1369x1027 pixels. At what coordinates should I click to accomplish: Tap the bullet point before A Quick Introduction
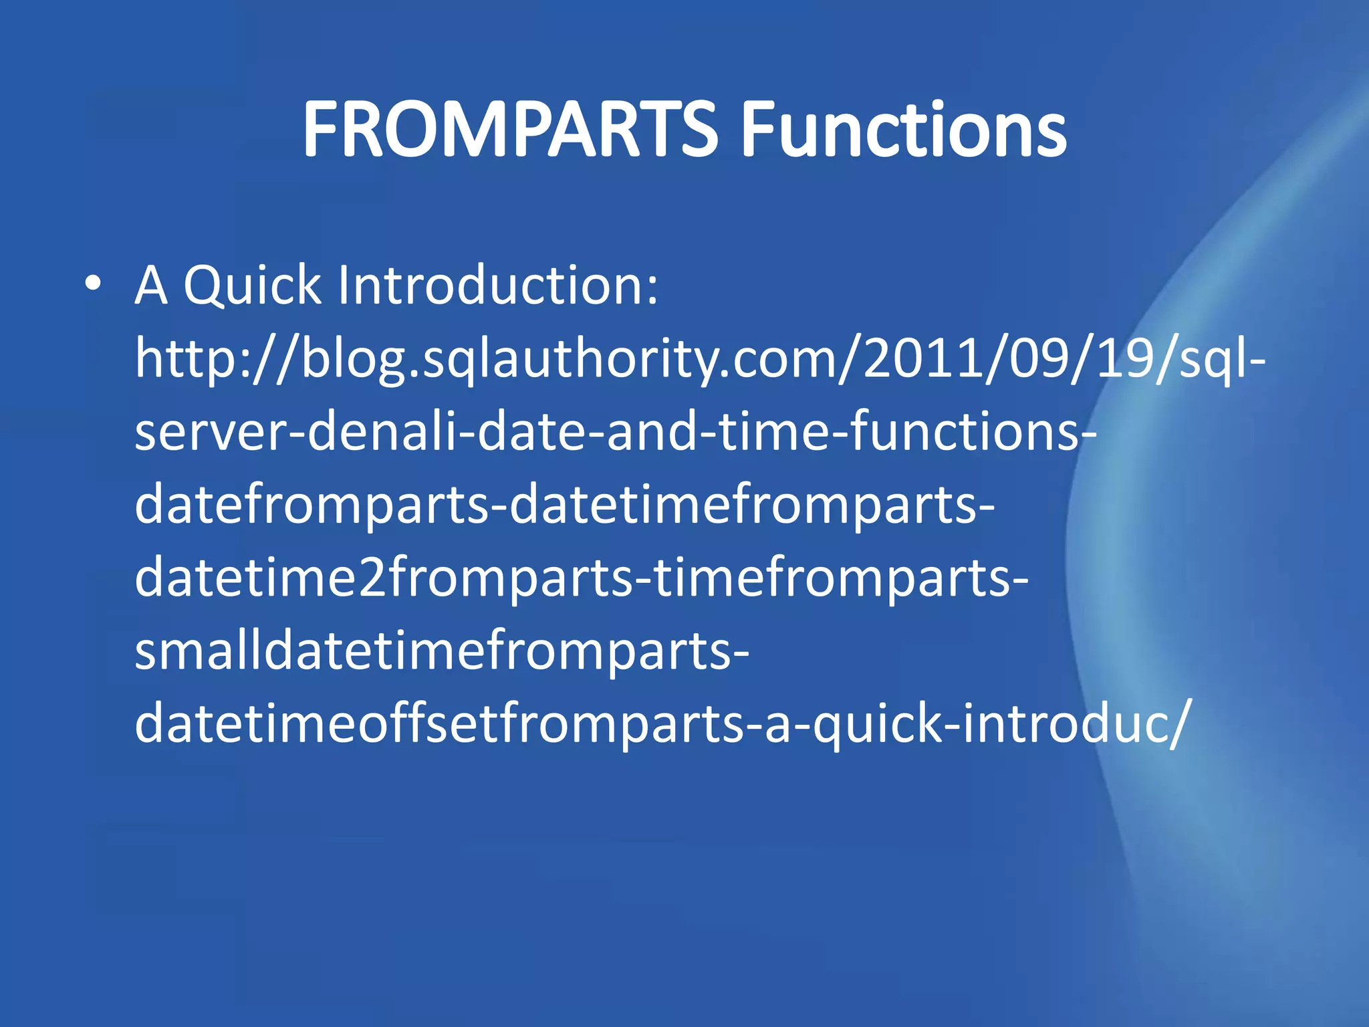click(x=94, y=284)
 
